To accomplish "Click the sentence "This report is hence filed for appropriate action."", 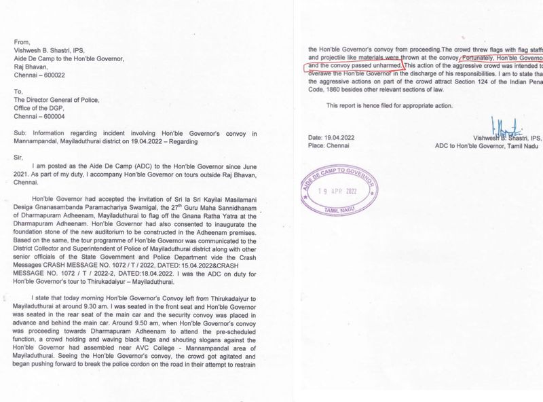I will pyautogui.click(x=390, y=106).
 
